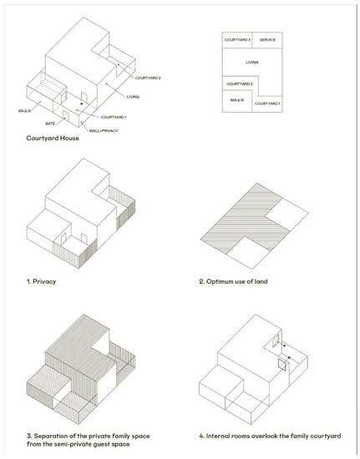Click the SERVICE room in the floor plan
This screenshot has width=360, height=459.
pos(267,40)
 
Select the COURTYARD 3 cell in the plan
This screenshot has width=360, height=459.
pos(237,40)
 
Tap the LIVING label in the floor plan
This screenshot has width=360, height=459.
pos(252,63)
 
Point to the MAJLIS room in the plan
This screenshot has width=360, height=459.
pos(237,101)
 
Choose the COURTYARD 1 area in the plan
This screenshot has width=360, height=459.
pos(267,103)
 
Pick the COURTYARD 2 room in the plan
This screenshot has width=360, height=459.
pos(241,83)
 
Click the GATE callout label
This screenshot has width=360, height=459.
pos(50,124)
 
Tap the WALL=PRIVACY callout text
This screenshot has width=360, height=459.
pos(104,130)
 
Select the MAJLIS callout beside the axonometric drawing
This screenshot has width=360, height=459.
pos(24,111)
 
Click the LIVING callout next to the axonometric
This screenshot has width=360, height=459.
pos(133,97)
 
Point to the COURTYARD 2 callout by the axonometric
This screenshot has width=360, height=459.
pos(148,78)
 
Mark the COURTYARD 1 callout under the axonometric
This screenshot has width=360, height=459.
pos(114,117)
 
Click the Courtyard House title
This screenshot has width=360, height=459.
pos(53,139)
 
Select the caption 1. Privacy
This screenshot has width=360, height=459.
pos(41,281)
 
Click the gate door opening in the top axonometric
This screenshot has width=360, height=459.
pos(66,116)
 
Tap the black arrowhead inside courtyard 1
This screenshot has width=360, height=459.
pos(81,104)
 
